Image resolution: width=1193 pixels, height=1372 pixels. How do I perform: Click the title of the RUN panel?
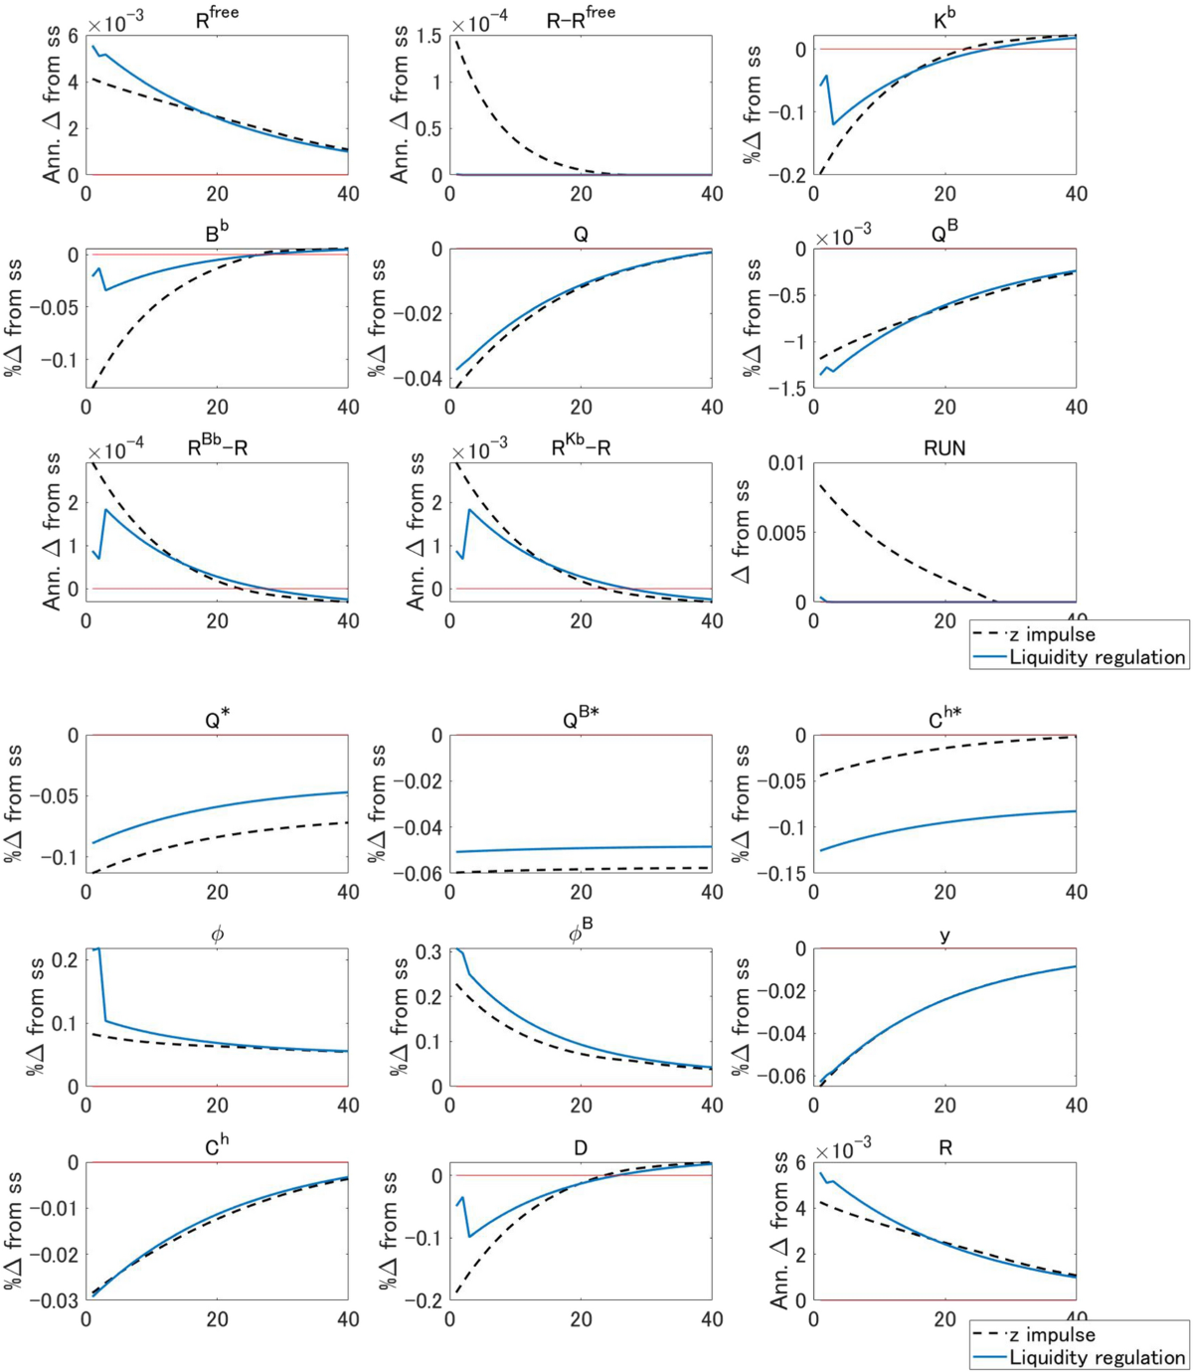pyautogui.click(x=943, y=448)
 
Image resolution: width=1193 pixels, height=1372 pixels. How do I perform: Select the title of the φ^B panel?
pyautogui.click(x=581, y=933)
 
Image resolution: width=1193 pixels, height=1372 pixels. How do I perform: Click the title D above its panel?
pyautogui.click(x=581, y=1148)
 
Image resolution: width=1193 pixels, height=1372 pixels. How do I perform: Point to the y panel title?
pyautogui.click(x=944, y=936)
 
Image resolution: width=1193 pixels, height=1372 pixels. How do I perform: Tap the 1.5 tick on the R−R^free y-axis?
pyautogui.click(x=428, y=37)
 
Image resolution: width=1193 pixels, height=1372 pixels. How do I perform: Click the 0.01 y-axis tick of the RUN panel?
pyautogui.click(x=785, y=463)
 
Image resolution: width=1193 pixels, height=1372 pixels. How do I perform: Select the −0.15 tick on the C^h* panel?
pyautogui.click(x=781, y=873)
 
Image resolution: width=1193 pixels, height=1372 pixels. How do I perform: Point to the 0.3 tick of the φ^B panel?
pyautogui.click(x=428, y=951)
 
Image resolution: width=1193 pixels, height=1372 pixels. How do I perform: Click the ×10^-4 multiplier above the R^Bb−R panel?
pyautogui.click(x=115, y=451)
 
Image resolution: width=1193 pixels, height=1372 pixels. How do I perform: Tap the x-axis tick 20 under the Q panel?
pyautogui.click(x=581, y=408)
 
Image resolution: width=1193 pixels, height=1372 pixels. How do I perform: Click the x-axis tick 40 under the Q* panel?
pyautogui.click(x=348, y=893)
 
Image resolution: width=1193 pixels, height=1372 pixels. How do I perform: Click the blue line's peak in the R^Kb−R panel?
pyautogui.click(x=469, y=510)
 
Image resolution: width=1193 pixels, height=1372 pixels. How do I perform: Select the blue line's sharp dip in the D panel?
pyautogui.click(x=469, y=1237)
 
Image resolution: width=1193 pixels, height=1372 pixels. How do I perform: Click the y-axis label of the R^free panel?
pyautogui.click(x=52, y=104)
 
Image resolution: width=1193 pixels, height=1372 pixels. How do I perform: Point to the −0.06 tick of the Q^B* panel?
pyautogui.click(x=419, y=873)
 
